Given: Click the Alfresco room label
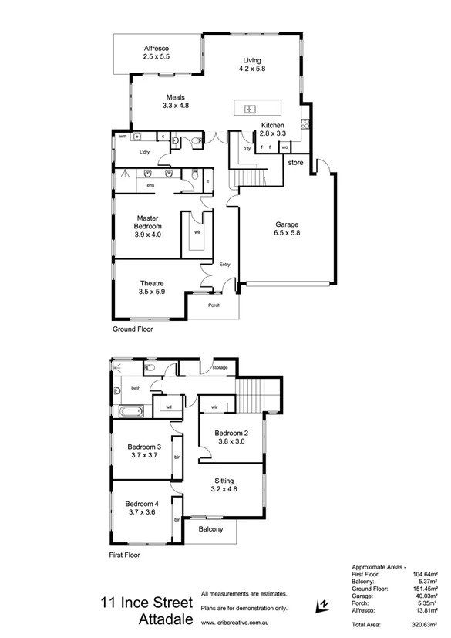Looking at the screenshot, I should coord(157,52).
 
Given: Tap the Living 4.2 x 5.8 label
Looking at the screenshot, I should coord(252,64).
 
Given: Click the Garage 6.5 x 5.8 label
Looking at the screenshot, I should coord(287,229).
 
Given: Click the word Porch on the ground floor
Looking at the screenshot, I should coord(214,305).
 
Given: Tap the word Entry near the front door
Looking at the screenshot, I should coord(224,265).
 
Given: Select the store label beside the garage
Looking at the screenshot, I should coord(295,163).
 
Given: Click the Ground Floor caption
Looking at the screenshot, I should coord(133,329).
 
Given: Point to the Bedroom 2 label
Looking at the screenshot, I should coord(232,436).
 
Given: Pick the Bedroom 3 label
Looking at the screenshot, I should coord(144,451).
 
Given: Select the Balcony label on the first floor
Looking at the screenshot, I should coord(210,529).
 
